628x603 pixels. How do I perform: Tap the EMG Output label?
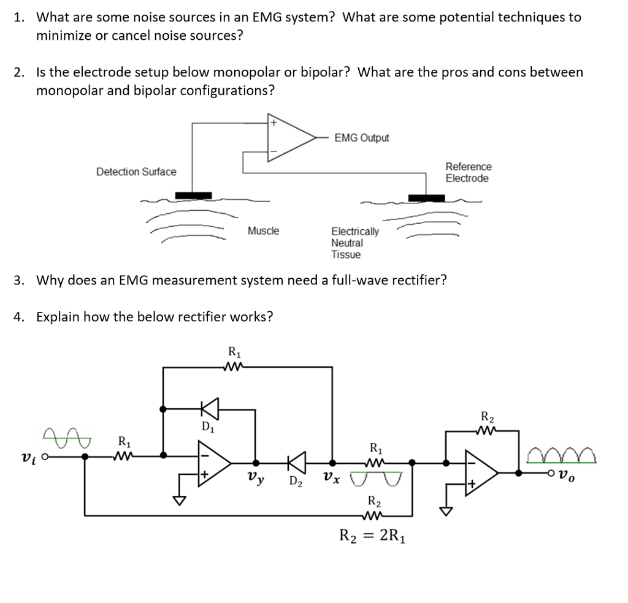click(362, 138)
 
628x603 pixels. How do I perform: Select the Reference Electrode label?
click(467, 172)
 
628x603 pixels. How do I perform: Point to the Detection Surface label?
click(136, 172)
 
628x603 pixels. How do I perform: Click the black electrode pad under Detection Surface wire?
click(193, 195)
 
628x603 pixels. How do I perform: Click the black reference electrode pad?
click(427, 197)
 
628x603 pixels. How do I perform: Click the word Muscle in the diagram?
click(263, 231)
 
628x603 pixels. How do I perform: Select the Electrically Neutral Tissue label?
click(354, 243)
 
